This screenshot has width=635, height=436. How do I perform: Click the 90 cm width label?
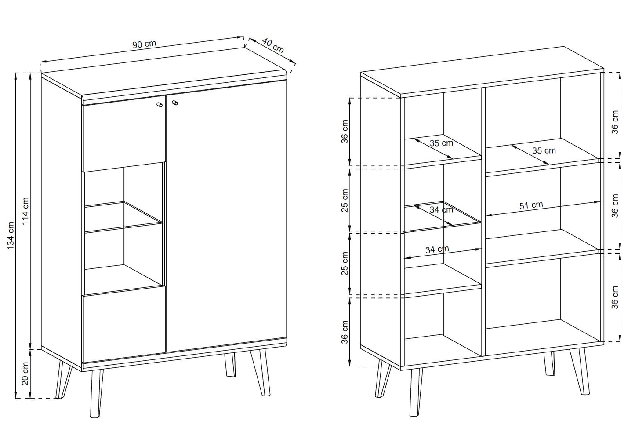coord(144,44)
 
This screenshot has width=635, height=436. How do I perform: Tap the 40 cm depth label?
coord(273,46)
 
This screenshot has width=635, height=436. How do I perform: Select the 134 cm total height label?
coord(11,236)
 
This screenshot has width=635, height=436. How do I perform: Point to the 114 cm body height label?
coord(26,211)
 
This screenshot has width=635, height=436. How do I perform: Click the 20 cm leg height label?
coord(26,374)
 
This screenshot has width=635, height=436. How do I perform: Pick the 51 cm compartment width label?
coord(531,205)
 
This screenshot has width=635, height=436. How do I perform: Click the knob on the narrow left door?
coord(160,105)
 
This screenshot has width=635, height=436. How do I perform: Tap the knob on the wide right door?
coord(175,103)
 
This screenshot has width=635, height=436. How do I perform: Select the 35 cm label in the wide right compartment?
coord(544,150)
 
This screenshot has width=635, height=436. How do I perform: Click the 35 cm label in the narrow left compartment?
coord(441,143)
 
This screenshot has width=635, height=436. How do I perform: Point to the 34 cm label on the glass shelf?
coord(441,210)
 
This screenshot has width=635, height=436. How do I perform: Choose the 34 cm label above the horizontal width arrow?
coord(437,249)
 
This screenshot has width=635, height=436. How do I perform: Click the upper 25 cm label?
coord(345,200)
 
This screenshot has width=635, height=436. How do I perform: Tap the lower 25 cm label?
coord(345,264)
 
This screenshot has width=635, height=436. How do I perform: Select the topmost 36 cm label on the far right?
coord(615,122)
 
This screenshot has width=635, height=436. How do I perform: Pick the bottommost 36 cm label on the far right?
coord(615,297)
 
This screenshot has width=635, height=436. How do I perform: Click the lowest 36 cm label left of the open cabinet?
coord(345,332)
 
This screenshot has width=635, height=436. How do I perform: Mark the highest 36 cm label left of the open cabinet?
coord(345,132)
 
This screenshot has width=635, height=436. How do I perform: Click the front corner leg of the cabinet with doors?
coord(96,394)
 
